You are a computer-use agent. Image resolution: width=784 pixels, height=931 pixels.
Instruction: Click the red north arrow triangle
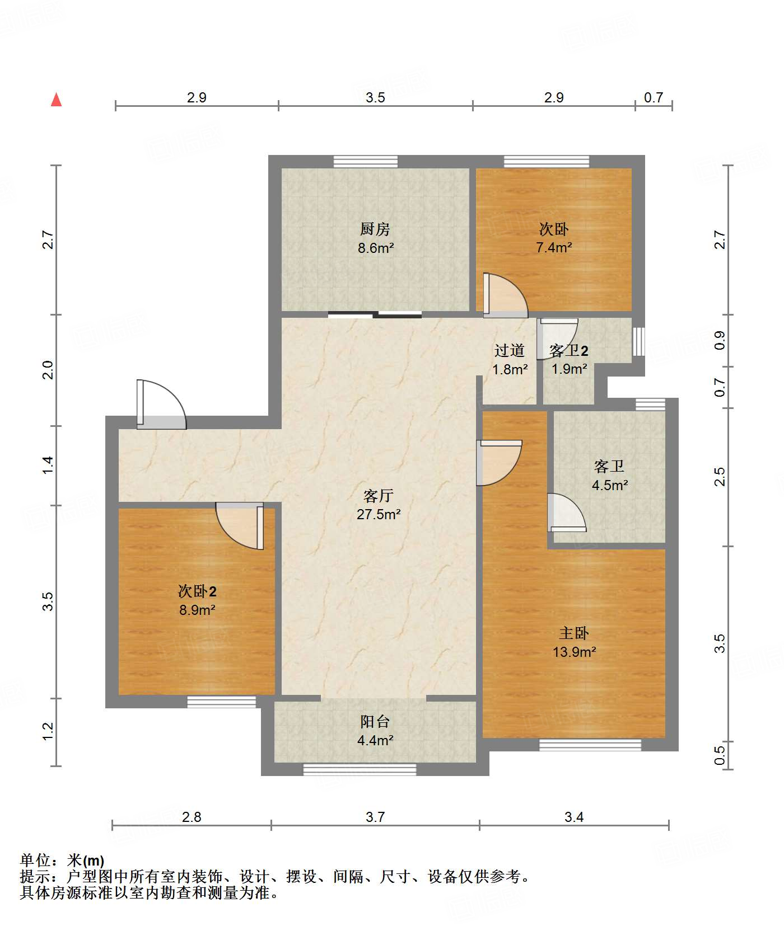pos(56,100)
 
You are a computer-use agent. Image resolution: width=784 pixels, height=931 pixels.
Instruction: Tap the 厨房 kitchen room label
pos(375,229)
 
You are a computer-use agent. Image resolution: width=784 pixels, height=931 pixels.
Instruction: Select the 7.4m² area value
pos(554,247)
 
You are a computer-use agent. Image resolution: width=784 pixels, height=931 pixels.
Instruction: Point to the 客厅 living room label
pos(379,496)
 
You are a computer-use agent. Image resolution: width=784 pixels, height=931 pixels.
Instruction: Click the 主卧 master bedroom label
pos(574,633)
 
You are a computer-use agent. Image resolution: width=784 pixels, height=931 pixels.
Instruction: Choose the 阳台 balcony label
pos(375,721)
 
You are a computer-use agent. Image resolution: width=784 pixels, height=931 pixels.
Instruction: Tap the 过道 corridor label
pos(510,350)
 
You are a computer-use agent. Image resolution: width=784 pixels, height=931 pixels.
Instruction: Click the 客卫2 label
pos(569,351)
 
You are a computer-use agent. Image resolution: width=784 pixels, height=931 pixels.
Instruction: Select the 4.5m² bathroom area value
pos(610,485)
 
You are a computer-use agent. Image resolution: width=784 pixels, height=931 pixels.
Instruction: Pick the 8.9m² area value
pos(198,610)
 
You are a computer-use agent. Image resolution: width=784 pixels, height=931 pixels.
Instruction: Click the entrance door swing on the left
pos(161,405)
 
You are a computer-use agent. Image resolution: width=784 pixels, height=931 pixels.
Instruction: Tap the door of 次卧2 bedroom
pos(240,526)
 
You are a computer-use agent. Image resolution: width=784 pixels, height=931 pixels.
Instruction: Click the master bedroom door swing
pos(499,463)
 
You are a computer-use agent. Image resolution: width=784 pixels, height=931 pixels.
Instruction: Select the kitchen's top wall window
pos(366,161)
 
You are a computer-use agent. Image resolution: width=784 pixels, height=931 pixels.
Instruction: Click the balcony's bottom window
pos(360,769)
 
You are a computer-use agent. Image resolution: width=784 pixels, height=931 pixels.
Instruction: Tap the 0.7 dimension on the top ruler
pos(654,97)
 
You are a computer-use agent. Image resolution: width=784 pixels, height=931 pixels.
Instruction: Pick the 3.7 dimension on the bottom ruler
pos(375,817)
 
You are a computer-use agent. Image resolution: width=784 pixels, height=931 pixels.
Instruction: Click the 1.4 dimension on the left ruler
pos(48,465)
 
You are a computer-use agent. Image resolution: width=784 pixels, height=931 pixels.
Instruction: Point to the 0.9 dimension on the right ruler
pos(720,340)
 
